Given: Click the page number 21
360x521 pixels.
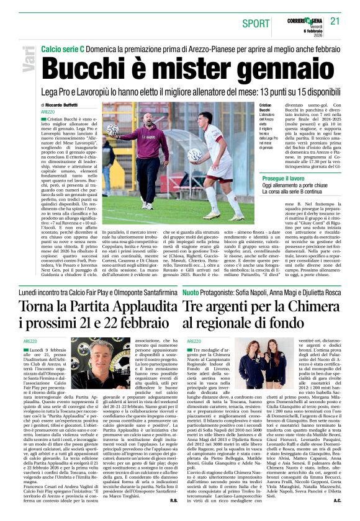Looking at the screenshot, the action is tap(335, 21).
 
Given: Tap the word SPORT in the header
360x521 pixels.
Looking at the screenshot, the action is tap(256, 23).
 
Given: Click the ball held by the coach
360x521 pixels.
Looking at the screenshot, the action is tap(95, 130).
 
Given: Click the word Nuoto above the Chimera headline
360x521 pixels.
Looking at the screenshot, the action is tap(191, 292).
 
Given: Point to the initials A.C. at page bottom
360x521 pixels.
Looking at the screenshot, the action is tap(337, 499).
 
